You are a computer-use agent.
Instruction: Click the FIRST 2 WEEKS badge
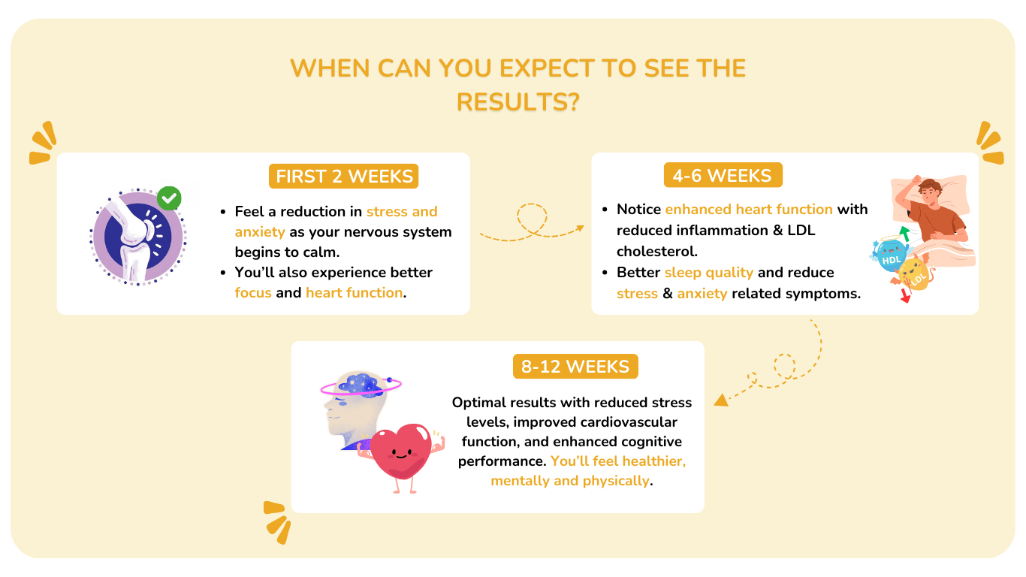[x=343, y=176]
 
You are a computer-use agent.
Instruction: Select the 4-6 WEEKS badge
[x=723, y=175]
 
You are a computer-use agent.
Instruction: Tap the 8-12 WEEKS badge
[x=575, y=366]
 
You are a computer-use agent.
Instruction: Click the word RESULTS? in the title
[x=518, y=101]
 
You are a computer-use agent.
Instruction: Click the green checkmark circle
[x=169, y=198]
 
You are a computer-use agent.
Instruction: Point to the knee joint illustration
[x=138, y=237]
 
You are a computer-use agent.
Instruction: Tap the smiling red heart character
[x=401, y=456]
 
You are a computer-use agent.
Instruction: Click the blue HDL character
[x=890, y=255]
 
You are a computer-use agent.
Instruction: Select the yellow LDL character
[x=915, y=276]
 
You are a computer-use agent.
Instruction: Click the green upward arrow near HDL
[x=904, y=233]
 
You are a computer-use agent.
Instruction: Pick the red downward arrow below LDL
[x=906, y=296]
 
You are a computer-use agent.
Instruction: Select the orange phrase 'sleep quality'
[x=709, y=273]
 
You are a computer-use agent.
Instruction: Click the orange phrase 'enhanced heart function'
[x=749, y=210]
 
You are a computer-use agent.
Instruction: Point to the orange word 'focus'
[x=253, y=293]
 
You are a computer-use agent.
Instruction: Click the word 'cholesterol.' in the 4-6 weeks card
[x=656, y=252]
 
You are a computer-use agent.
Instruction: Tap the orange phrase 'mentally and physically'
[x=570, y=481]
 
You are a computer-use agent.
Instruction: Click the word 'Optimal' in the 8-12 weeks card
[x=478, y=403]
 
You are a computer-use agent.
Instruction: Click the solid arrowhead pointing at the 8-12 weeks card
[x=721, y=400]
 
